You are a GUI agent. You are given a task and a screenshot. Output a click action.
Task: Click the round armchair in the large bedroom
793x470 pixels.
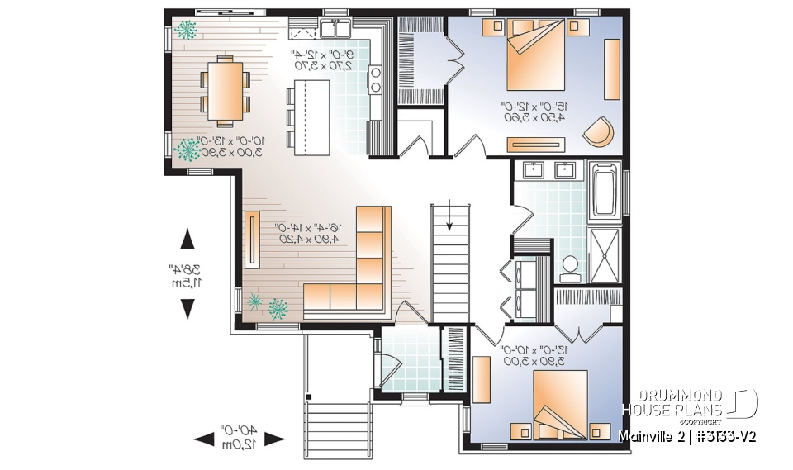(601, 132)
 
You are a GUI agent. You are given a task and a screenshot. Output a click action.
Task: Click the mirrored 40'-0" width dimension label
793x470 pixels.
(239, 437)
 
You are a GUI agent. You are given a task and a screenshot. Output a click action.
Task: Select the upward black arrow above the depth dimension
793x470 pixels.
(188, 240)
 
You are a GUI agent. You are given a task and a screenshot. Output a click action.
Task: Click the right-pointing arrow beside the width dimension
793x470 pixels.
(274, 439)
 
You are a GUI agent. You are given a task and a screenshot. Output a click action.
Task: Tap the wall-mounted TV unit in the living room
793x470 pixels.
(251, 239)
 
